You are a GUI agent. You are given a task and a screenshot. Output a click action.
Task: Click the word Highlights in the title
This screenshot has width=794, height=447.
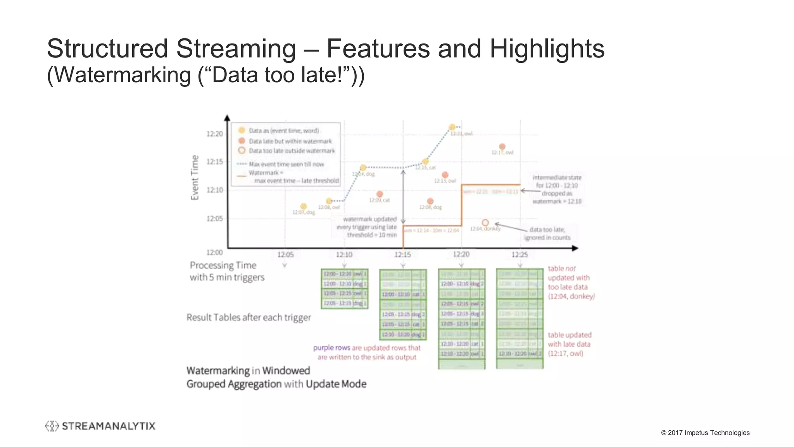[x=547, y=49]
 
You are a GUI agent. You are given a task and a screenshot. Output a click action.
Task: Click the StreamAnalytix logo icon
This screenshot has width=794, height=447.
[x=52, y=426]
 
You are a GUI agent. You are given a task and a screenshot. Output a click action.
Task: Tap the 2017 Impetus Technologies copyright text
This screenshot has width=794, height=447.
[x=705, y=433]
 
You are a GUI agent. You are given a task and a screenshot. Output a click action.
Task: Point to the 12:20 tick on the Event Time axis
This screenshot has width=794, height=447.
[x=214, y=134]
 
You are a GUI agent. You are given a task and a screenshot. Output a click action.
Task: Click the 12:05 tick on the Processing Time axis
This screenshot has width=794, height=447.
[x=285, y=255]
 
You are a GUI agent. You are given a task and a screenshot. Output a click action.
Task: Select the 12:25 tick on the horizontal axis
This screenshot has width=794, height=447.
[x=520, y=255]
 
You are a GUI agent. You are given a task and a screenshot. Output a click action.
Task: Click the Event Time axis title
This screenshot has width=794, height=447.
[x=195, y=178]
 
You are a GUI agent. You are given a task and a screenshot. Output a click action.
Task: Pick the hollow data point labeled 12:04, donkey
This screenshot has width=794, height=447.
[x=485, y=223]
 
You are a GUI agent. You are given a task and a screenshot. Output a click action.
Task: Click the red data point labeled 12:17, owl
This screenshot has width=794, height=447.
[x=502, y=147]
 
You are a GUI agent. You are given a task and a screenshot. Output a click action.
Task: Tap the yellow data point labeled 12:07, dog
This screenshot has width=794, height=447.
[x=304, y=206]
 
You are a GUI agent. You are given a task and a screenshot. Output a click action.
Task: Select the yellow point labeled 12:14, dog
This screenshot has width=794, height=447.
[x=363, y=168]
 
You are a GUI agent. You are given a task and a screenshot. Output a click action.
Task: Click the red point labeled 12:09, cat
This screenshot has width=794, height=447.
[x=380, y=194]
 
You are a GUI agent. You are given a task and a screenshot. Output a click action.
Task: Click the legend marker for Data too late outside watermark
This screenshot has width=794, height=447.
[x=242, y=151]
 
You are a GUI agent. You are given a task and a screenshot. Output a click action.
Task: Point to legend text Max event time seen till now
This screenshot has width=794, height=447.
[x=286, y=164]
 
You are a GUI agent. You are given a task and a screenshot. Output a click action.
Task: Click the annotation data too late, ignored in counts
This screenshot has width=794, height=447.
[x=547, y=234]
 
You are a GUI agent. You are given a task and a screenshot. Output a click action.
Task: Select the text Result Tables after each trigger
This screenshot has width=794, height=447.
[x=249, y=317]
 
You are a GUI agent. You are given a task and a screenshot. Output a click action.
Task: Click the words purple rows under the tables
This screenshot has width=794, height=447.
[x=331, y=348]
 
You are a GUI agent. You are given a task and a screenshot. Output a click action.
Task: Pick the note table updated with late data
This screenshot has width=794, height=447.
[x=569, y=344]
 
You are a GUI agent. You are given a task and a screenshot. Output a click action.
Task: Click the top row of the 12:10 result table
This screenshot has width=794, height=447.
[x=344, y=274]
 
